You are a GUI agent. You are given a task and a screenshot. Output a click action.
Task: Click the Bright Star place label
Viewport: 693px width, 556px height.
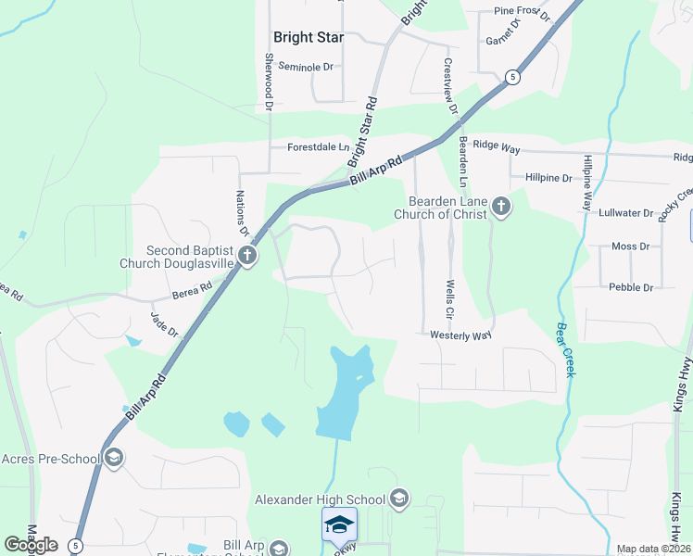309,38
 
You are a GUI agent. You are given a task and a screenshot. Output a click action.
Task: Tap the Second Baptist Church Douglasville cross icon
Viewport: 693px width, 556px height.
246,256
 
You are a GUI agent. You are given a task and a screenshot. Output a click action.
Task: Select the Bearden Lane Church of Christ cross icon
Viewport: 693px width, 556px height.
501,206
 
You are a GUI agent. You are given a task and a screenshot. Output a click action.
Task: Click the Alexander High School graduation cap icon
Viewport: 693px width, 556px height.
399,499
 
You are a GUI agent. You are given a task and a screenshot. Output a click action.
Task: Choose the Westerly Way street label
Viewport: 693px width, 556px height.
460,335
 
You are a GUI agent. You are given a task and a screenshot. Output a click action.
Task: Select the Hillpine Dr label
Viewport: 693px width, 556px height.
548,177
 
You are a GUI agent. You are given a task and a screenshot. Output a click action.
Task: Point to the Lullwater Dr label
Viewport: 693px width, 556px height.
626,213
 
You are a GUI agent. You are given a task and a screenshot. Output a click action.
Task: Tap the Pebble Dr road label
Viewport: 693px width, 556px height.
631,287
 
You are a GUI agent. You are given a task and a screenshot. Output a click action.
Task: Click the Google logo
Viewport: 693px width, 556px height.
31,545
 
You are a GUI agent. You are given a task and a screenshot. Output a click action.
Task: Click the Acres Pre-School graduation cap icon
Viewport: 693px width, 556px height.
114,458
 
